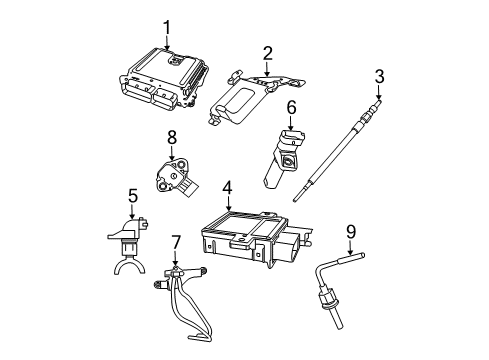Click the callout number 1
168,27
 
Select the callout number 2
267,52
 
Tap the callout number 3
380,76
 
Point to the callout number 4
227,187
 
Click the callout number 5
132,196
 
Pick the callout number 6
291,106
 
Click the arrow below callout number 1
168,42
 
